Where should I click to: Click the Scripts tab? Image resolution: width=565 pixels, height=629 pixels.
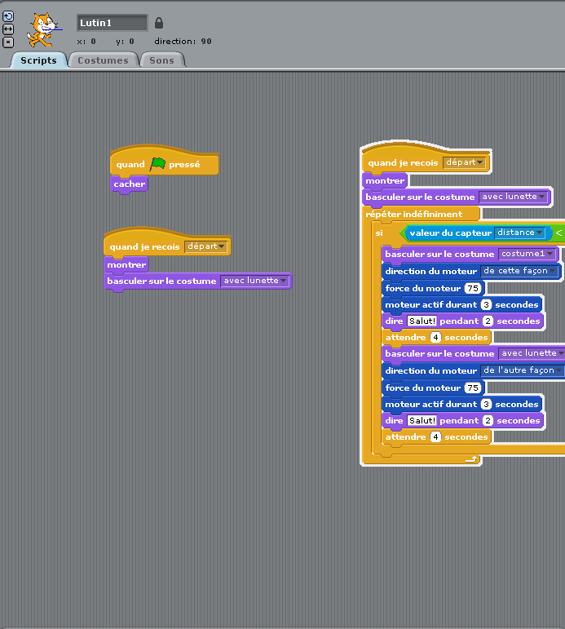click(x=38, y=60)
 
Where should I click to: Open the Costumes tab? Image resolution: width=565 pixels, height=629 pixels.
click(x=103, y=60)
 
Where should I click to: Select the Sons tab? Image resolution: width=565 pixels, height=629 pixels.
click(x=162, y=60)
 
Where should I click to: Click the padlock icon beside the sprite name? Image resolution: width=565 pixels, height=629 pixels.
click(x=159, y=23)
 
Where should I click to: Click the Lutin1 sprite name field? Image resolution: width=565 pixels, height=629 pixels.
click(x=112, y=23)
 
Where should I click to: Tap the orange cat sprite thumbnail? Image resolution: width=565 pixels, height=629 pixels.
click(x=43, y=30)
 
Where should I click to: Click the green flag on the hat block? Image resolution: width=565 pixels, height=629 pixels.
click(x=157, y=164)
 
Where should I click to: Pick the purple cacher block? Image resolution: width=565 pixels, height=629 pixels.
click(x=129, y=184)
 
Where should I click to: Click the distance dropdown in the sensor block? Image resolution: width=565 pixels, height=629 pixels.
click(x=519, y=233)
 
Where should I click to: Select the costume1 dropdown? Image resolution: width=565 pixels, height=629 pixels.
click(x=527, y=254)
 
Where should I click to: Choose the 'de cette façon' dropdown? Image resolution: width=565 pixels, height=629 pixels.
click(x=519, y=271)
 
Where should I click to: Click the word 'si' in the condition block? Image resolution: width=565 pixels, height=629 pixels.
click(x=379, y=233)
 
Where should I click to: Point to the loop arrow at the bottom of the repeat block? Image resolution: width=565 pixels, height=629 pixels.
click(x=471, y=459)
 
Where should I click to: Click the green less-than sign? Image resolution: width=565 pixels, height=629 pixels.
click(x=558, y=233)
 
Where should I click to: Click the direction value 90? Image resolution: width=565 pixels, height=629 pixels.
click(x=206, y=42)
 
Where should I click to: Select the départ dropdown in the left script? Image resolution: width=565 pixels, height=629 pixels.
click(x=206, y=246)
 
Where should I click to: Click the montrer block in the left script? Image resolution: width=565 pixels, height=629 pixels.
click(x=126, y=265)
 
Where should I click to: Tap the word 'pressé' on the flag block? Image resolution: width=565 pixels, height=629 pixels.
click(x=184, y=165)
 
